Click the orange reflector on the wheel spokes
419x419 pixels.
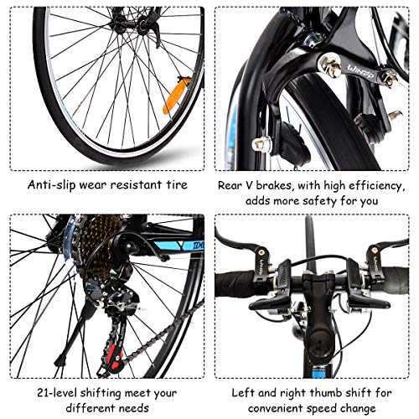click(177, 96)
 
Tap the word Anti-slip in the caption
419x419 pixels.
click(51, 185)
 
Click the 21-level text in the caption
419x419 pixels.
click(57, 393)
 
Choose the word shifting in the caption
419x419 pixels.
click(101, 393)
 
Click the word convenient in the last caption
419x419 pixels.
click(276, 408)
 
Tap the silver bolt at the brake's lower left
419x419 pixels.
click(261, 144)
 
